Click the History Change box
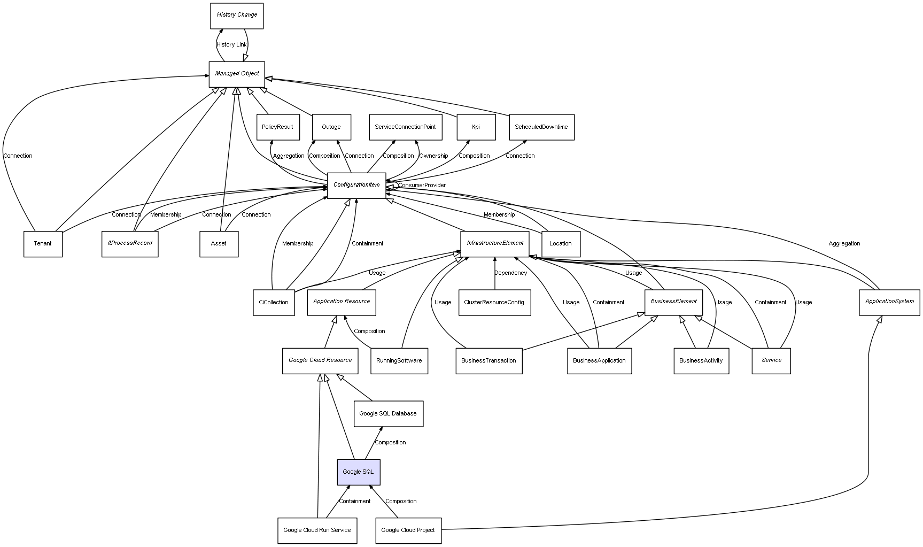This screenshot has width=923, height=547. click(237, 16)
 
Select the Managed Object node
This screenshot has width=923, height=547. click(237, 74)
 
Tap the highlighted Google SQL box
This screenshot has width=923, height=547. click(359, 472)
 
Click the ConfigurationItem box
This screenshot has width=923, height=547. click(356, 185)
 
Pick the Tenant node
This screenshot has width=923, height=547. click(43, 244)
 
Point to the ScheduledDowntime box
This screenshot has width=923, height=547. click(541, 127)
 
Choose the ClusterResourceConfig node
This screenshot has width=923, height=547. click(494, 303)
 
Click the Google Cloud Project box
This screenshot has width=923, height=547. click(408, 530)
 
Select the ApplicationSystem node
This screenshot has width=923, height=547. click(889, 302)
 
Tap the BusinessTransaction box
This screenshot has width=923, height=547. click(488, 361)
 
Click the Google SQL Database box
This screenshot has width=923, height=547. click(388, 414)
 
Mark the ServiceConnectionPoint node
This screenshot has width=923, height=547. click(405, 127)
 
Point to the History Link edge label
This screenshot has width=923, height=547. click(232, 45)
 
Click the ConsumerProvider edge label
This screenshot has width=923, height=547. click(422, 186)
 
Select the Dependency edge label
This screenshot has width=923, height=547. click(510, 273)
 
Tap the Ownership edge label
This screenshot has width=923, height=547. click(433, 156)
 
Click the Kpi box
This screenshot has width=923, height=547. click(476, 127)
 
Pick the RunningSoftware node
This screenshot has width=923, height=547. click(399, 361)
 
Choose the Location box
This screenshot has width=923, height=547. click(561, 244)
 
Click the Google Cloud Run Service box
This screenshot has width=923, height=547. click(317, 530)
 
